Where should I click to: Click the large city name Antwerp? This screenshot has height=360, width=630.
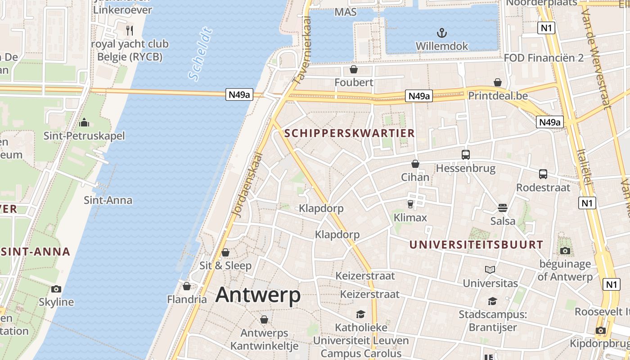[258, 295]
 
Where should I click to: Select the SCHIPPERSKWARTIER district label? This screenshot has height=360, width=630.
[350, 133]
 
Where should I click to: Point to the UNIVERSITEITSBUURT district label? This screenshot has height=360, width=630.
[476, 245]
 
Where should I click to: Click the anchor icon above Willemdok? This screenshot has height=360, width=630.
[442, 33]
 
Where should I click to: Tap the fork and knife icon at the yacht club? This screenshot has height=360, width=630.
[130, 30]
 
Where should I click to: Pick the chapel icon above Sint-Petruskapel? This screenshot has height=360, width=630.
[84, 122]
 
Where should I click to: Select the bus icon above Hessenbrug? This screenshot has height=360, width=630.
[466, 155]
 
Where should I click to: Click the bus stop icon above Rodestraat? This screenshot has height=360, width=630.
[543, 174]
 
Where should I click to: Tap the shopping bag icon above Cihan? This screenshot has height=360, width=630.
[415, 164]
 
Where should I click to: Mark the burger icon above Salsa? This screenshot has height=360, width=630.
[503, 208]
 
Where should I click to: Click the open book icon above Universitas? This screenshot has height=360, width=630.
[490, 270]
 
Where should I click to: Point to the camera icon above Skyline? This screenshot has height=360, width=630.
[56, 289]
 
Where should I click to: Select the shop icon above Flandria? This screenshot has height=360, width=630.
[187, 286]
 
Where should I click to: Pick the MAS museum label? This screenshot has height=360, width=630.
[346, 12]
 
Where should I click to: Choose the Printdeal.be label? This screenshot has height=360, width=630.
[498, 96]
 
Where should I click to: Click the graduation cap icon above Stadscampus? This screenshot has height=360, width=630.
[493, 301]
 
